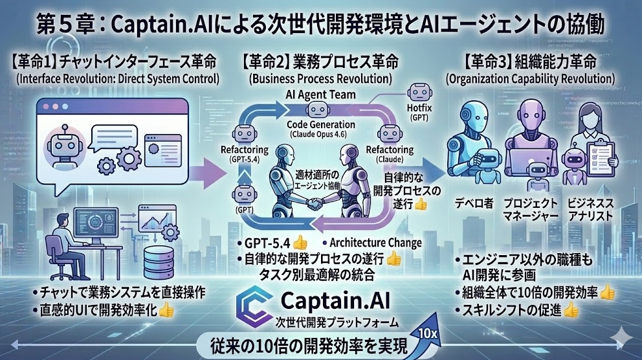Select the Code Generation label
point(320,124)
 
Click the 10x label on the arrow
point(426,333)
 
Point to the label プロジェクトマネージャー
point(533,209)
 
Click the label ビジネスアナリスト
point(591,209)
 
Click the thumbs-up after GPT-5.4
point(300,243)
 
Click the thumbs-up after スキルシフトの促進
point(571,310)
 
